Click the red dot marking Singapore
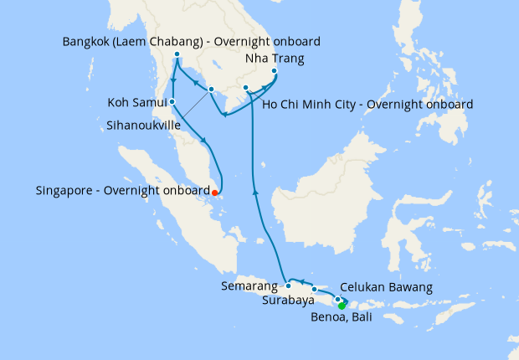click(215, 192)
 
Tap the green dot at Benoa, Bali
click(342, 306)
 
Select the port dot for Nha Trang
click(275, 71)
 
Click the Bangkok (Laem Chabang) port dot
click(177, 55)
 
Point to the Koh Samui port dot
click(172, 102)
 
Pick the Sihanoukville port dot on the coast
click(211, 90)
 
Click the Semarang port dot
click(288, 285)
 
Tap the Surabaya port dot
click(315, 290)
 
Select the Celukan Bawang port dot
click(338, 299)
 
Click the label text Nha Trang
click(274, 59)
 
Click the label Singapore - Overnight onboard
click(122, 191)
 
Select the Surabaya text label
click(288, 299)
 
